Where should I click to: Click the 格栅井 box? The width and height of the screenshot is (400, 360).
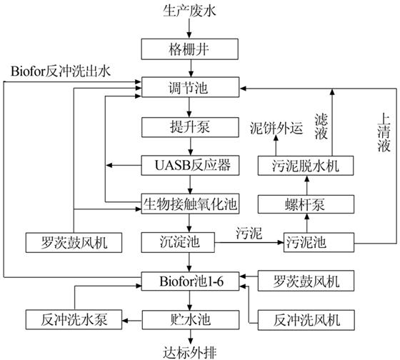tap(190, 49)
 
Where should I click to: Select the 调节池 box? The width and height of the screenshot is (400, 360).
tap(190, 87)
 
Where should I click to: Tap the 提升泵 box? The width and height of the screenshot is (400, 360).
tap(190, 127)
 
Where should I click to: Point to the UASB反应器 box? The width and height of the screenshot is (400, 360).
tap(190, 165)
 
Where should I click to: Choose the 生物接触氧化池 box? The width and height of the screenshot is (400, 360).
tap(190, 204)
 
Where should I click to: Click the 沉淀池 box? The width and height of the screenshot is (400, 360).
tap(178, 242)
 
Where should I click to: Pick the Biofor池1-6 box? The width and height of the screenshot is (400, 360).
tap(190, 281)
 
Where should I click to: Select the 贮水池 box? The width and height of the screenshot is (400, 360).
tap(190, 320)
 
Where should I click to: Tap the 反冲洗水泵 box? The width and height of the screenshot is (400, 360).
tap(74, 319)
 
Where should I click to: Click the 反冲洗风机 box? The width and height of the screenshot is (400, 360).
tap(306, 320)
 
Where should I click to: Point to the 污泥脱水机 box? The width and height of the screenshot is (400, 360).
tap(306, 166)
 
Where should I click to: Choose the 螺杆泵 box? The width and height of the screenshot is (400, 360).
tap(306, 204)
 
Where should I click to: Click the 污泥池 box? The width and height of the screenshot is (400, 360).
tap(319, 242)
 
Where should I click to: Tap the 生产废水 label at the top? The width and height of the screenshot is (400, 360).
tap(189, 11)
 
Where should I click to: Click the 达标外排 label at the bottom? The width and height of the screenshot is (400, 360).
tap(190, 353)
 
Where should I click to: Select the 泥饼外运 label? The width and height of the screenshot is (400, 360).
tap(276, 128)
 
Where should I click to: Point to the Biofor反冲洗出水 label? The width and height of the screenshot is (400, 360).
tap(61, 71)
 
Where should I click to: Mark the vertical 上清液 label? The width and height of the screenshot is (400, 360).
tap(384, 133)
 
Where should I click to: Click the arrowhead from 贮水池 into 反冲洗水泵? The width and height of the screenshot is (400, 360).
tap(125, 321)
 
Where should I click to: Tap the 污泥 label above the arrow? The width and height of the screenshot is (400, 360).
tap(249, 233)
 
